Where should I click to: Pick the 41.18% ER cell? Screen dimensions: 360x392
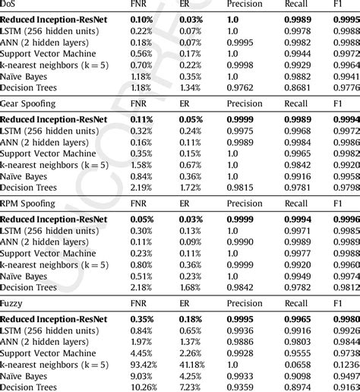[193, 365]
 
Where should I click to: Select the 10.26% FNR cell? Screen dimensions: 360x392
[144, 387]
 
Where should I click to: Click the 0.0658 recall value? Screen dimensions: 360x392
[298, 365]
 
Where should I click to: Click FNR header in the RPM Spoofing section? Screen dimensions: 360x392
[139, 204]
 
